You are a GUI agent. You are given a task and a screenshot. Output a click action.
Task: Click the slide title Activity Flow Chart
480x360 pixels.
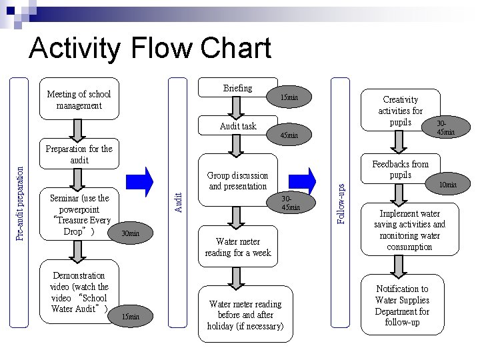150,49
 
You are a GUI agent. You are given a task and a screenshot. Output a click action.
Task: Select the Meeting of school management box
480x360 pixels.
79,100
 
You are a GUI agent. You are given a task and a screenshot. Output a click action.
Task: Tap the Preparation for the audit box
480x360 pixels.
79,155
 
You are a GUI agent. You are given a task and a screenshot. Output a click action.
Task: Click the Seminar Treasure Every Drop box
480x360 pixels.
79,214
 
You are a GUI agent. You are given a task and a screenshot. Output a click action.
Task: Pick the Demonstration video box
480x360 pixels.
79,293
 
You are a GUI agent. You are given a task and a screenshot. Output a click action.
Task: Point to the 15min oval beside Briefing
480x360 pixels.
289,99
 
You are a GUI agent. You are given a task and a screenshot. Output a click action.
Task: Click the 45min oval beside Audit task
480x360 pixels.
289,136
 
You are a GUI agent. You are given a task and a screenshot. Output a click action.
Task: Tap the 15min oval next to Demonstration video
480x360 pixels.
130,316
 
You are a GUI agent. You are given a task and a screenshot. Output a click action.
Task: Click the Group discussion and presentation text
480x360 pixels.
237,181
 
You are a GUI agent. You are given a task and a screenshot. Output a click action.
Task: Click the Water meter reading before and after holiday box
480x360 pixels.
245,315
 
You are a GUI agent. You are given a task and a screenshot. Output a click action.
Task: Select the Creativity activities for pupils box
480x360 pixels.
400,111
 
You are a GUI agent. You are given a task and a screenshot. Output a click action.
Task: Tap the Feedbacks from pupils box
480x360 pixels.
400,169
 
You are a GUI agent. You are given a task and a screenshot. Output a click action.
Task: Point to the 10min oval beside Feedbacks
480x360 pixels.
447,185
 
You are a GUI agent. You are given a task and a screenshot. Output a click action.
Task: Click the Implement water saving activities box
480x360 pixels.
409,231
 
